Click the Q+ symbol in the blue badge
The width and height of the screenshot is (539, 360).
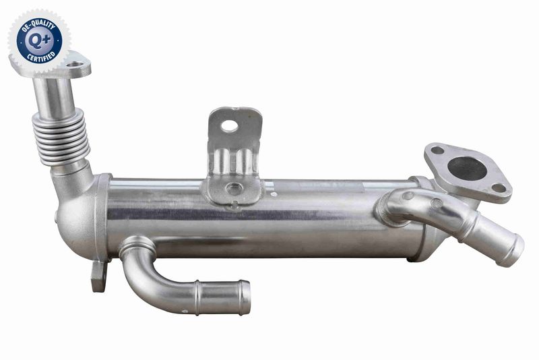39,39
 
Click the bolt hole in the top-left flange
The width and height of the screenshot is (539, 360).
78,67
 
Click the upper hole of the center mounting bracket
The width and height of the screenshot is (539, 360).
229,125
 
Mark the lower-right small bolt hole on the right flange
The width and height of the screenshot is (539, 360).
499,188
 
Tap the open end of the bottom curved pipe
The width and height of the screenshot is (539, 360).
244,298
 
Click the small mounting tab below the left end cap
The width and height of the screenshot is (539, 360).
98,276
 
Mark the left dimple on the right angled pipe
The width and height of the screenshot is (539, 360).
408,196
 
